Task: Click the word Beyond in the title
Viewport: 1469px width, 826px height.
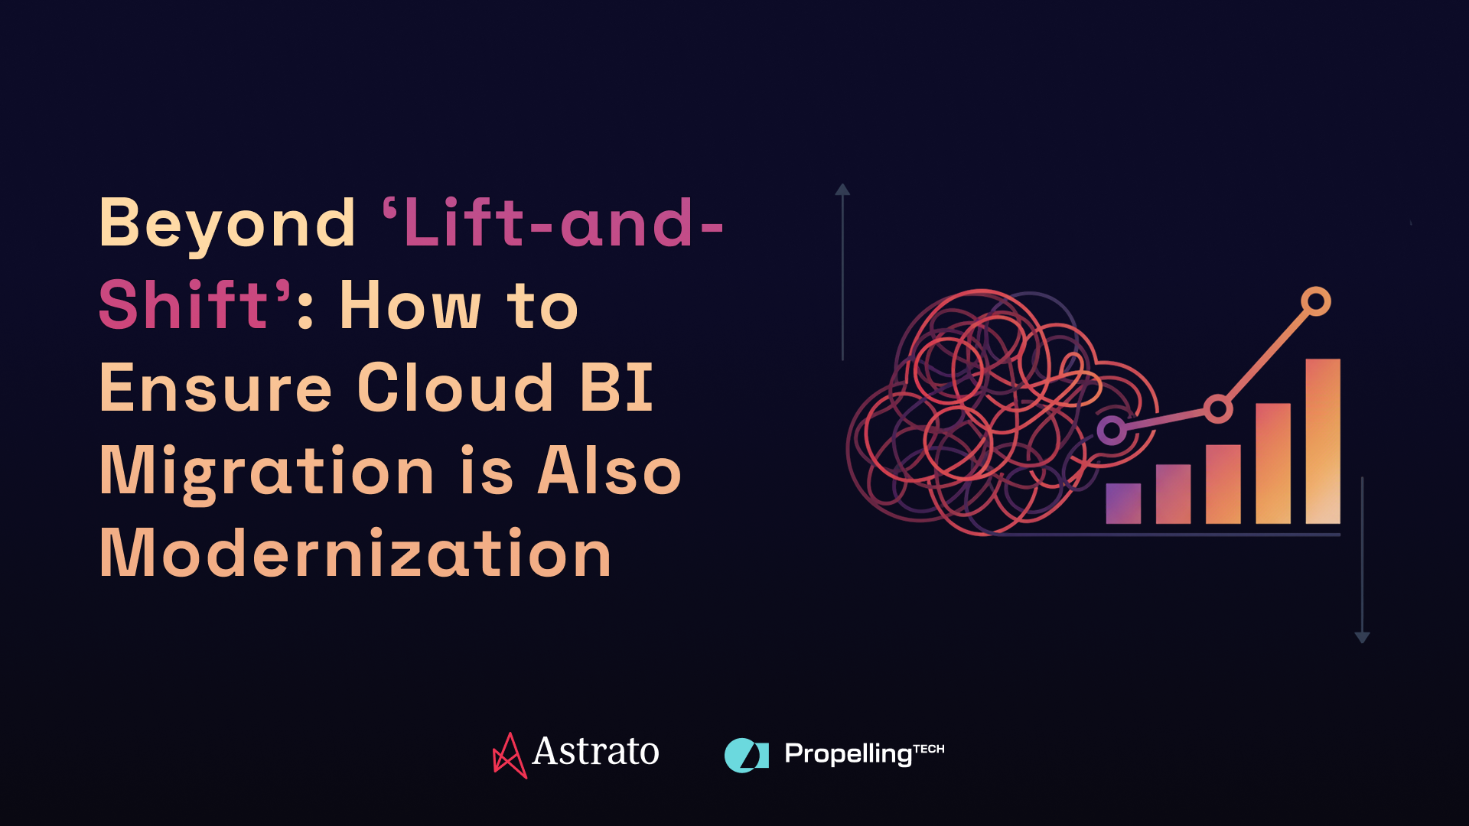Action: pos(227,224)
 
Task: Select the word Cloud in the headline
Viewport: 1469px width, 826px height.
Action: pos(455,388)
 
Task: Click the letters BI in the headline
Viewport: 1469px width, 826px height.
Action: pos(617,388)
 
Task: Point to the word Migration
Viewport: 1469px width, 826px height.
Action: pos(268,472)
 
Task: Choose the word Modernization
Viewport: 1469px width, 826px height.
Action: pos(356,553)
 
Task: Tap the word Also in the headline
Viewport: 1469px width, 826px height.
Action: pos(609,471)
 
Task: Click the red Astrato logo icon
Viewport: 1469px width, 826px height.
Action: pos(509,755)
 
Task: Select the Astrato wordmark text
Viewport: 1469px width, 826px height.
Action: pos(595,752)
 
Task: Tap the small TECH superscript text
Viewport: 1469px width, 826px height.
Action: pos(929,749)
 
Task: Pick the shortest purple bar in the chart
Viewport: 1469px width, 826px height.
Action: pos(1123,503)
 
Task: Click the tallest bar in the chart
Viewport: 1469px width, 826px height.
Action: pos(1323,441)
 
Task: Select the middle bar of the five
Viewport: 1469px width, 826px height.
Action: pos(1223,484)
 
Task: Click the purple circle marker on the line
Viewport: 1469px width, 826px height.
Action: pos(1111,431)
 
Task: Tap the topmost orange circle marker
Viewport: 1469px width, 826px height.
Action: pos(1316,301)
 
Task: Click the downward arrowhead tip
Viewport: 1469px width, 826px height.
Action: pos(1362,640)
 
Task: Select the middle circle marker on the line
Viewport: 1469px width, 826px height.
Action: pos(1218,408)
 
